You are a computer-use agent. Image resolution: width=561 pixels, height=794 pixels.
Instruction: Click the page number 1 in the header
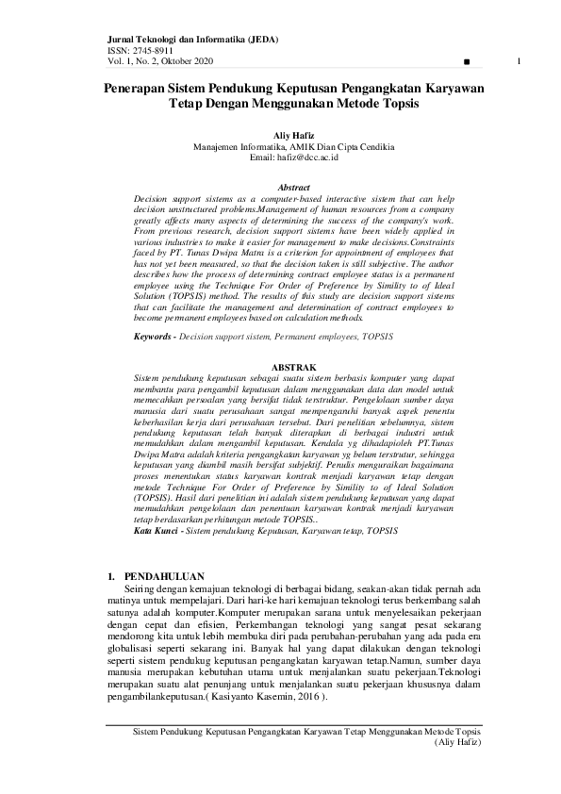(520, 61)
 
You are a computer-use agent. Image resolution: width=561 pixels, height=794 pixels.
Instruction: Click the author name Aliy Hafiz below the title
(280, 137)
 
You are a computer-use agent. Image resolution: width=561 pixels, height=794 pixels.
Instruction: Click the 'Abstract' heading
(280, 189)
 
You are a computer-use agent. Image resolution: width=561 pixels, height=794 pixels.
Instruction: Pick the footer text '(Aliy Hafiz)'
(457, 743)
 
